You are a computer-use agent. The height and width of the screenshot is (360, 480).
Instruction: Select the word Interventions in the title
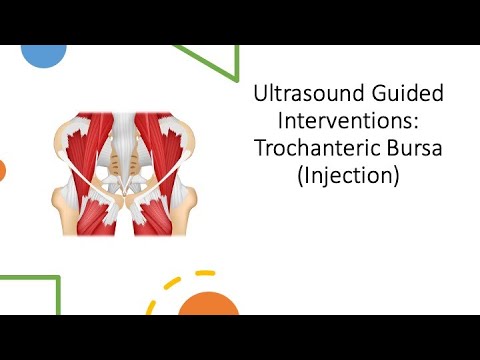[345, 129]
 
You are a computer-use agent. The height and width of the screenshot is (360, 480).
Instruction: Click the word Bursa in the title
[411, 155]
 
